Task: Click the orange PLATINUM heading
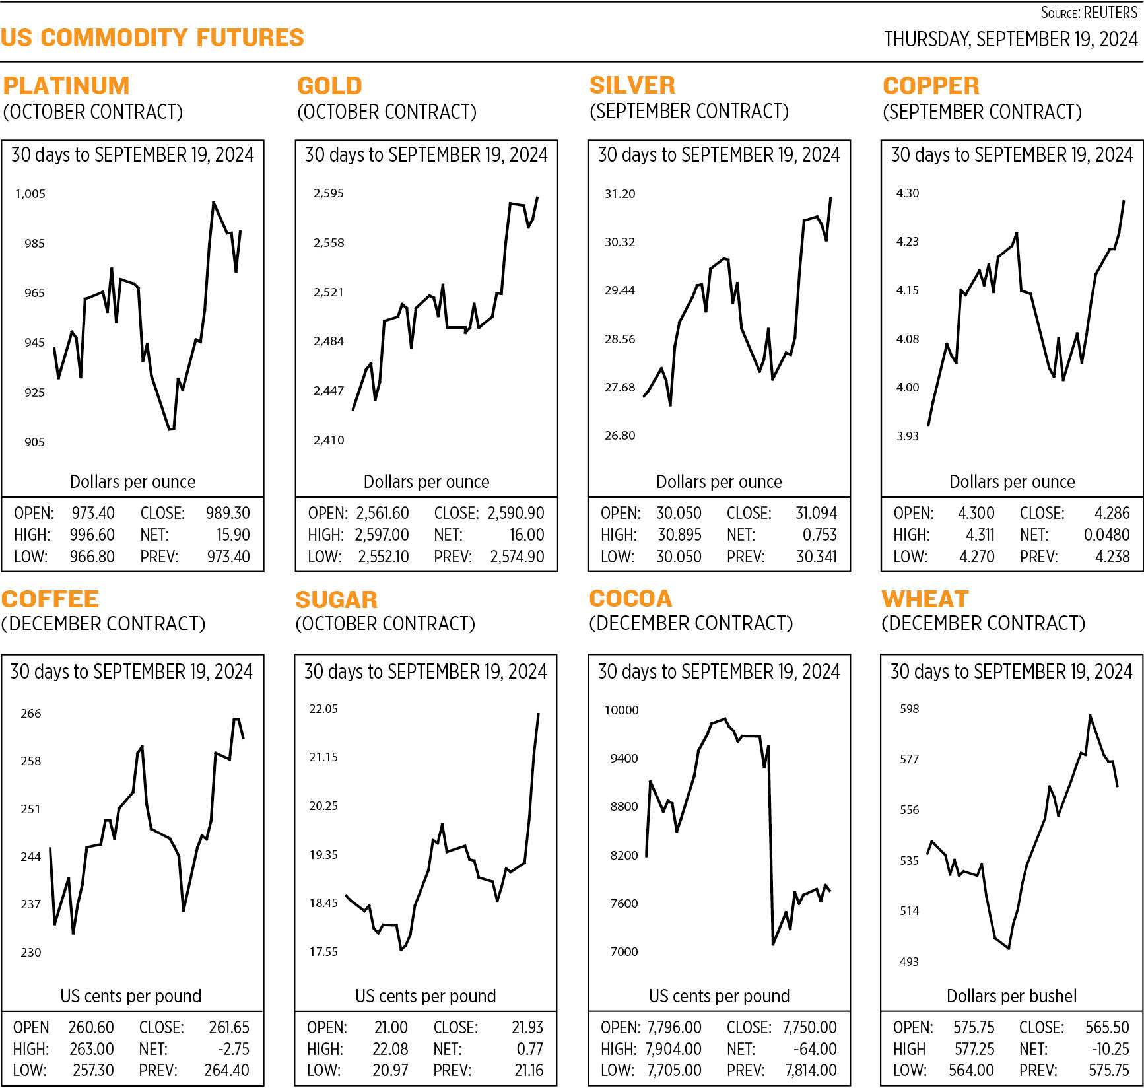click(66, 86)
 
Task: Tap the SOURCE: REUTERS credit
click(1089, 13)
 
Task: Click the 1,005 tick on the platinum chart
click(30, 194)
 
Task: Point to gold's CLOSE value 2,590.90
click(516, 513)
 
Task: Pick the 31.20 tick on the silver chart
click(620, 194)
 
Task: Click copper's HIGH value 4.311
click(980, 535)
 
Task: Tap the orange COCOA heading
click(630, 598)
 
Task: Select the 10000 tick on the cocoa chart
click(621, 710)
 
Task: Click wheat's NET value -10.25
click(1110, 1049)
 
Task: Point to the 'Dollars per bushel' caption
click(1011, 996)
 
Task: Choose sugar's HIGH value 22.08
click(390, 1049)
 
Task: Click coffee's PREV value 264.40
click(226, 1070)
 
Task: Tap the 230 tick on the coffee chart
click(30, 953)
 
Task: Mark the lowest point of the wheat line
click(1009, 948)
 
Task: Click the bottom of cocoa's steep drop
click(773, 944)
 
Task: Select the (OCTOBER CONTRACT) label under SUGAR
click(385, 624)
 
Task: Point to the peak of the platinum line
click(213, 202)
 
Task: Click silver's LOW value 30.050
click(679, 557)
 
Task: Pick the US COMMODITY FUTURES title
click(152, 38)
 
